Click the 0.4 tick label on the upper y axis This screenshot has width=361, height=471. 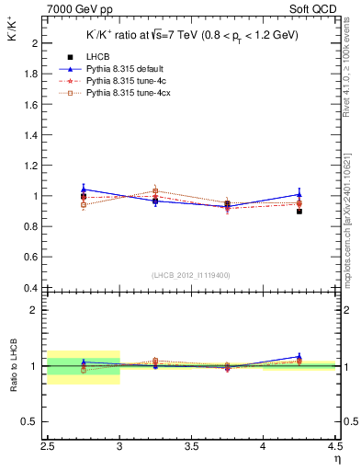[33, 288]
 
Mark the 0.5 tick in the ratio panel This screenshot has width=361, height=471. [33, 421]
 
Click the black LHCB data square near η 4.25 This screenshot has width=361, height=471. [299, 212]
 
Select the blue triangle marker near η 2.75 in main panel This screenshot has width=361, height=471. [84, 190]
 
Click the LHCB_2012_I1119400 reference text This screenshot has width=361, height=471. [190, 275]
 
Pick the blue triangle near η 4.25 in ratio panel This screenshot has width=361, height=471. [299, 357]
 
